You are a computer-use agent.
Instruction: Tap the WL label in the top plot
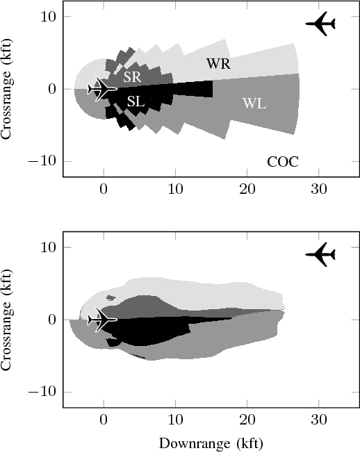(254, 104)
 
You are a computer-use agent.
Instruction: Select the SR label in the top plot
(132, 78)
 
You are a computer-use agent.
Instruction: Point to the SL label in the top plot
(136, 101)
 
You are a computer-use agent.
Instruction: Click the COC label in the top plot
(283, 162)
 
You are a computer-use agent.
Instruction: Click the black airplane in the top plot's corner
(321, 24)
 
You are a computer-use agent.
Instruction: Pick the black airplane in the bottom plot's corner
(321, 254)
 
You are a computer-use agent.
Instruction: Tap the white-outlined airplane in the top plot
(103, 89)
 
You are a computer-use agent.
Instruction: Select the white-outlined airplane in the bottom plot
(103, 320)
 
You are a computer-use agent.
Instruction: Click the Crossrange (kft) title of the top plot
(8, 89)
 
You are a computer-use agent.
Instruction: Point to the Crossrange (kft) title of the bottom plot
(8, 320)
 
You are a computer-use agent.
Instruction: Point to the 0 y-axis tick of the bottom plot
(52, 320)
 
